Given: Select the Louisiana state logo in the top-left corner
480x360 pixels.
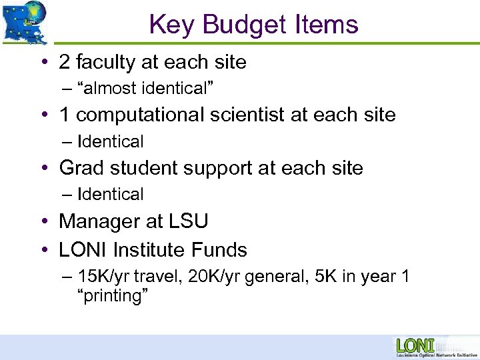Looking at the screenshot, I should click(x=25, y=21).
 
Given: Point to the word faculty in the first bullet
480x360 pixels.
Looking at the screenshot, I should click(x=103, y=63).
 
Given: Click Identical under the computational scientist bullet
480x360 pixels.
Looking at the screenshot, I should click(x=110, y=141).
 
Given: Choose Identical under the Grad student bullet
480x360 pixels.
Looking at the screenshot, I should click(x=110, y=194).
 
